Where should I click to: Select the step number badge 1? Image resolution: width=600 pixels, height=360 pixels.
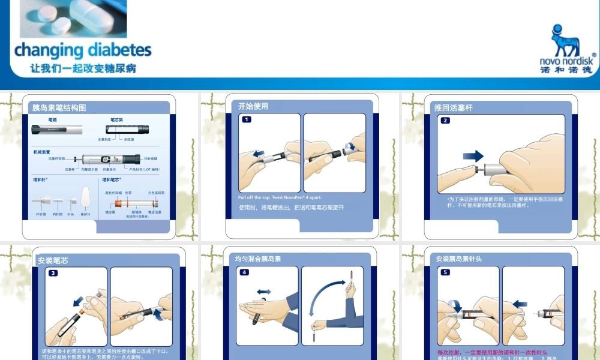(x=247, y=119)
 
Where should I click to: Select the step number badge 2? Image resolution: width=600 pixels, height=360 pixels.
(x=445, y=120)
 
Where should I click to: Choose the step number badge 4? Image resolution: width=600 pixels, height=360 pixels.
(x=245, y=272)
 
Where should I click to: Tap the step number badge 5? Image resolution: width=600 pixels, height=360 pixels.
(x=445, y=272)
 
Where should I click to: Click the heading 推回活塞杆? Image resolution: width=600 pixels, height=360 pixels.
(x=453, y=108)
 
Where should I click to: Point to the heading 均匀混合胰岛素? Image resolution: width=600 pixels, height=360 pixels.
(x=258, y=259)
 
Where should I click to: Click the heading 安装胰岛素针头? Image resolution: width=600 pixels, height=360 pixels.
(x=459, y=259)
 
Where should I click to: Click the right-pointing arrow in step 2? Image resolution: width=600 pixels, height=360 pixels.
(x=473, y=156)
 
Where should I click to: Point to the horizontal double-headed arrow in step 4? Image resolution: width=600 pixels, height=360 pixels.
(x=263, y=292)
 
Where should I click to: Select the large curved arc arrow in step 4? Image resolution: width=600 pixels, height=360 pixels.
(x=327, y=294)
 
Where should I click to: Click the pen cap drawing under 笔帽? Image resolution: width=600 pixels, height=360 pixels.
(x=53, y=129)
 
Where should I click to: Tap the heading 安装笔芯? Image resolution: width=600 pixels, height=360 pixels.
(x=53, y=260)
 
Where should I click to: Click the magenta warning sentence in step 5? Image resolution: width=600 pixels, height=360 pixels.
(x=492, y=352)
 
